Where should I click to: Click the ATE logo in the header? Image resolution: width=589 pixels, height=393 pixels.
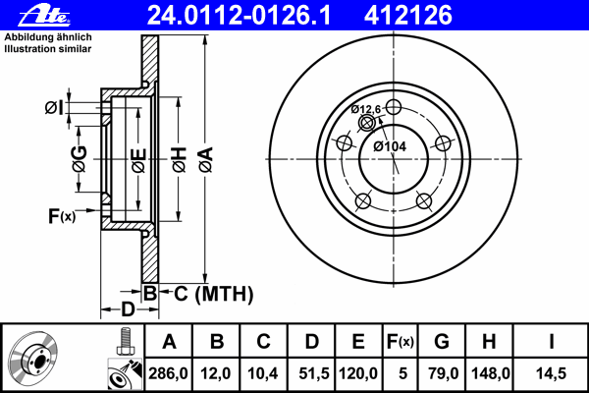click(x=44, y=16)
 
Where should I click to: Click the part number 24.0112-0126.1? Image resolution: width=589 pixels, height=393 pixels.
click(x=239, y=16)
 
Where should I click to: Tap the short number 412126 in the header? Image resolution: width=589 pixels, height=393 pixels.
click(x=408, y=16)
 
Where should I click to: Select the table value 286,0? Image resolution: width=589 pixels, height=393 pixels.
click(x=168, y=373)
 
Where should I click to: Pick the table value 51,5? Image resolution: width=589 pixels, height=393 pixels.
click(x=314, y=373)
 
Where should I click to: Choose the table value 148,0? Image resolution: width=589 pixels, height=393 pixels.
click(x=490, y=373)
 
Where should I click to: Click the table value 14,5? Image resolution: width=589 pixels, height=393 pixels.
click(x=551, y=373)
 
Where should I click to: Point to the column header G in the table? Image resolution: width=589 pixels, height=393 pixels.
click(x=442, y=342)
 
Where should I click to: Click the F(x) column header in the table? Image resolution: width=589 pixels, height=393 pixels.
click(x=400, y=342)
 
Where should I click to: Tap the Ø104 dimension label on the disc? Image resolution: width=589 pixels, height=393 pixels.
click(x=390, y=146)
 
